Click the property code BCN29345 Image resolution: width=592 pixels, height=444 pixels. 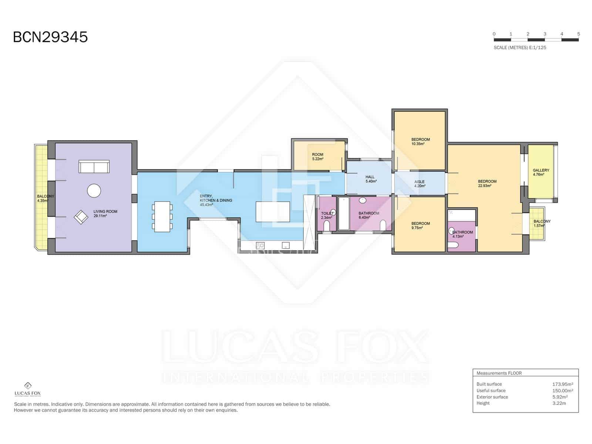50,37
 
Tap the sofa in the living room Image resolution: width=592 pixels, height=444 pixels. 94,166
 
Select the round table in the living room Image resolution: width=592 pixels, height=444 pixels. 94,191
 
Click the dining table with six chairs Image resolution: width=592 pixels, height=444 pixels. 162,216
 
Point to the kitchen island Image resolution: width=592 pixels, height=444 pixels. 273,212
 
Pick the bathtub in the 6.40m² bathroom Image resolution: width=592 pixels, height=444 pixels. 344,213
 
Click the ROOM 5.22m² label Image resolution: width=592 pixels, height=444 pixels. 317,157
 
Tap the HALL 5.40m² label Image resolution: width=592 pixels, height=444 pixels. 371,179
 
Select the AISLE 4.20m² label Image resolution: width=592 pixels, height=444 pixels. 420,184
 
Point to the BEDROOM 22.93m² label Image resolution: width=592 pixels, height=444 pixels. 487,183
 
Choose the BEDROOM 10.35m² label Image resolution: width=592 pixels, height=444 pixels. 420,142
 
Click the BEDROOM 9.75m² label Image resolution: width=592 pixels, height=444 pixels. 420,225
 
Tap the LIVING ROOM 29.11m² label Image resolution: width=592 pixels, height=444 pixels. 105,213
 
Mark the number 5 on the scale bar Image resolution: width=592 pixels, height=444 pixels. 579,34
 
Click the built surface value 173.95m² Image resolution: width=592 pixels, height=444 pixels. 563,384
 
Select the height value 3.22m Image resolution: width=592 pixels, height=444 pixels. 559,403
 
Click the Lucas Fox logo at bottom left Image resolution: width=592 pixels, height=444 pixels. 28,389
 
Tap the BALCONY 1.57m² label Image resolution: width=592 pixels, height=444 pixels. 542,223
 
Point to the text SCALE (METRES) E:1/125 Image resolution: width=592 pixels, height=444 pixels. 520,47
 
